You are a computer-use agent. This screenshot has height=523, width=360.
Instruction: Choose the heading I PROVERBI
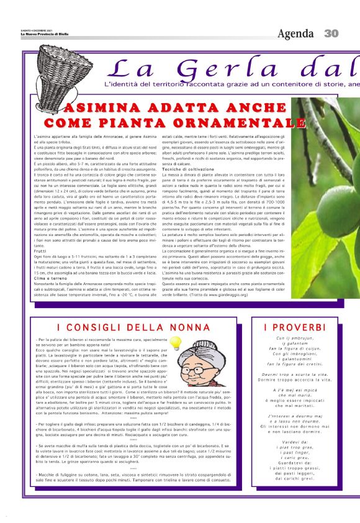pyautogui.click(x=294, y=327)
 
